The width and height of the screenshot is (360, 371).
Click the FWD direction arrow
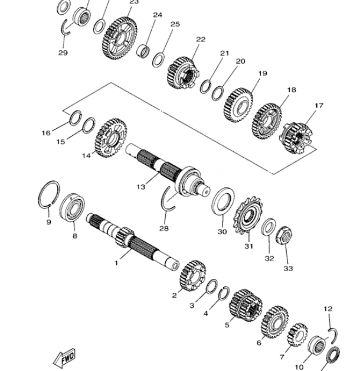click(x=64, y=357)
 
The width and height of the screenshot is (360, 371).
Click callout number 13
click(x=140, y=187)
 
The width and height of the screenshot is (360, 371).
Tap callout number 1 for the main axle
click(x=116, y=263)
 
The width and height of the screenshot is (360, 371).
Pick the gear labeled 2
click(x=192, y=276)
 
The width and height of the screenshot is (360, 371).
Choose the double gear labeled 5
click(x=246, y=305)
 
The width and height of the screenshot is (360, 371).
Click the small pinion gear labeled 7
click(x=297, y=335)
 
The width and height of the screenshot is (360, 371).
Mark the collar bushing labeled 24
click(x=143, y=51)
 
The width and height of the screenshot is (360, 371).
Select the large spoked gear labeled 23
click(x=120, y=38)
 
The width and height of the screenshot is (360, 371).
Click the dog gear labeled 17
click(x=297, y=138)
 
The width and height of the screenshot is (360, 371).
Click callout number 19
click(x=263, y=73)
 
